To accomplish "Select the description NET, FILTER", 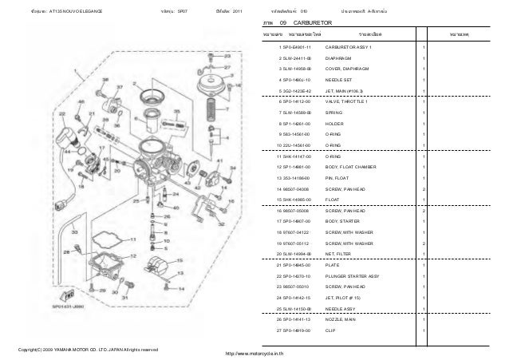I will (342, 252).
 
